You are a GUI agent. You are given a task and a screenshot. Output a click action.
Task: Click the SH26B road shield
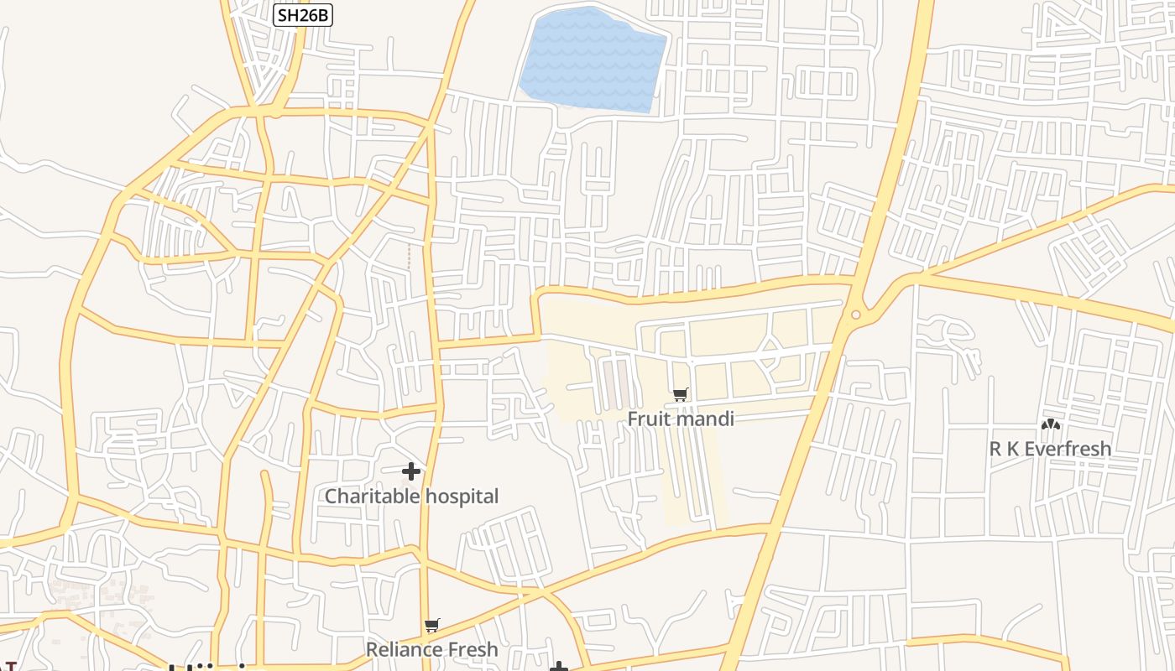pyautogui.click(x=303, y=14)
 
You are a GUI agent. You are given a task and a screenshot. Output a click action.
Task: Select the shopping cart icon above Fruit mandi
pyautogui.click(x=681, y=394)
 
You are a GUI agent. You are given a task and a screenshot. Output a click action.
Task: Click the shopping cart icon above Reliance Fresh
pyautogui.click(x=432, y=625)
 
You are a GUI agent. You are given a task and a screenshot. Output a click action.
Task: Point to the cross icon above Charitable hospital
pyautogui.click(x=411, y=471)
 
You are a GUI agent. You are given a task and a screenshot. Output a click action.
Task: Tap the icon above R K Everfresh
pyautogui.click(x=1050, y=424)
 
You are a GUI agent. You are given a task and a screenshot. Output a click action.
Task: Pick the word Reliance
pyautogui.click(x=405, y=650)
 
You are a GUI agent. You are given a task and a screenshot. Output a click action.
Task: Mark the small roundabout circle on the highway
pyautogui.click(x=855, y=315)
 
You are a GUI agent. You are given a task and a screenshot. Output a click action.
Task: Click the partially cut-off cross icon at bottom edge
pyautogui.click(x=559, y=667)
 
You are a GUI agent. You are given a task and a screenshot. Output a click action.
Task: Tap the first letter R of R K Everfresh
pyautogui.click(x=995, y=450)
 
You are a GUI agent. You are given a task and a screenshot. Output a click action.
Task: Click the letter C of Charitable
pyautogui.click(x=331, y=497)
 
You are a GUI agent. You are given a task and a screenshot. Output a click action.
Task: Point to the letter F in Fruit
pyautogui.click(x=633, y=419)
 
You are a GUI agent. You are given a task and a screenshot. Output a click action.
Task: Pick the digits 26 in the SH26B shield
pyautogui.click(x=303, y=14)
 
